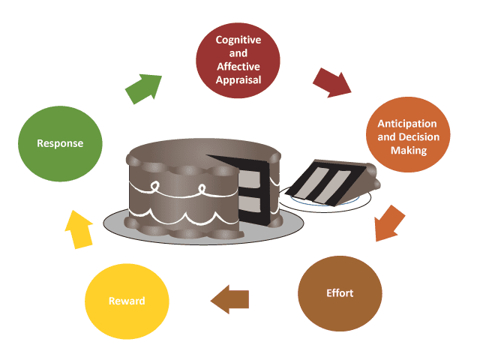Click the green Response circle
[x=61, y=142]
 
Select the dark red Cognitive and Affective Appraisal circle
[x=238, y=59]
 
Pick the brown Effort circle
[x=340, y=292]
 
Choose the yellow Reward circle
[x=127, y=301]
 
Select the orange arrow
[x=387, y=223]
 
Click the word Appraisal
[x=238, y=79]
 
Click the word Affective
[x=238, y=66]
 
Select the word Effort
[x=340, y=293]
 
